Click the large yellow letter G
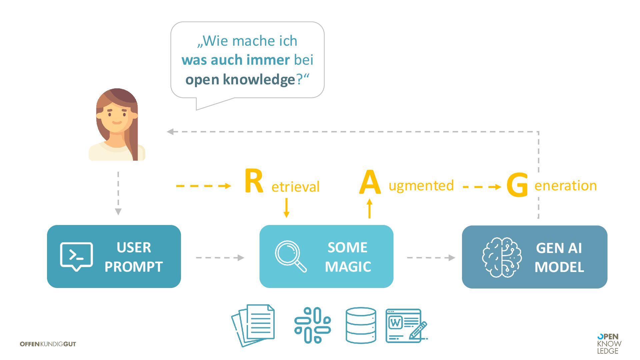517,185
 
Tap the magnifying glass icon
290,256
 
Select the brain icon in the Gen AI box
502,257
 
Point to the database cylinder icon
361,325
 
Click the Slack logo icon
312,325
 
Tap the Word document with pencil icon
406,325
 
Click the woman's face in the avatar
117,117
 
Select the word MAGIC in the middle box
348,267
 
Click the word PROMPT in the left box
133,267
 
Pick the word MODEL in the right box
559,267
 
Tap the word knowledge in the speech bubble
259,80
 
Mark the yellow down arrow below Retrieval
286,208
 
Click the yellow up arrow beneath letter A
369,208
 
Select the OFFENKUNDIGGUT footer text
48,344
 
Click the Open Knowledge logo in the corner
609,344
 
